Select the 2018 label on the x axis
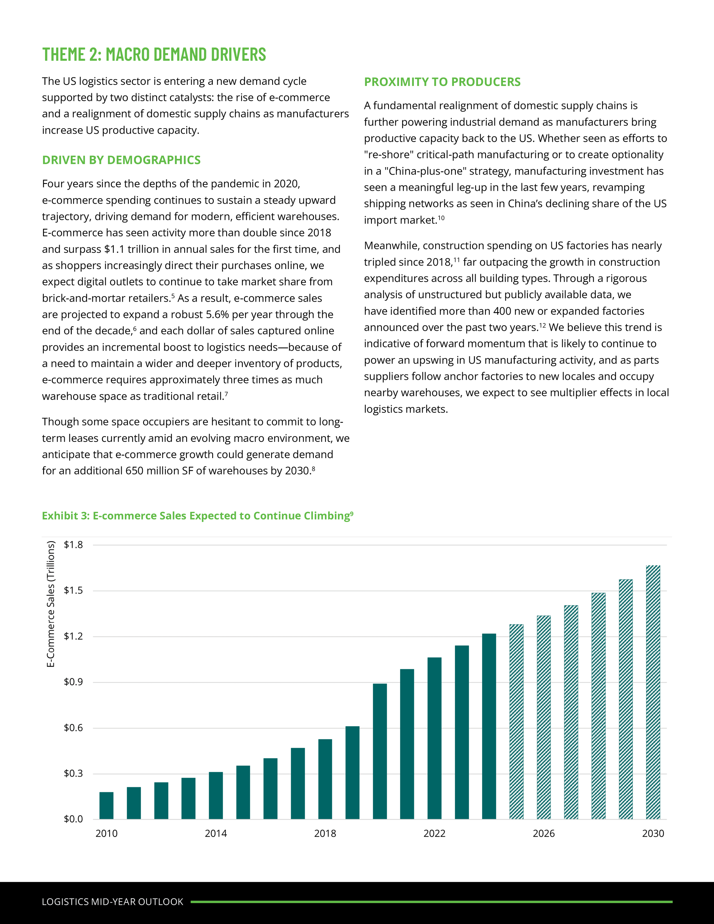coord(325,833)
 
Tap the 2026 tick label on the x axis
coord(543,833)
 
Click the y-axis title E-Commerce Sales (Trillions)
coord(51,604)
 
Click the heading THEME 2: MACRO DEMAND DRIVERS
coord(154,55)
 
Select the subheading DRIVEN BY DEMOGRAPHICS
coord(121,160)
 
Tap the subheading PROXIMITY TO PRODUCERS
coord(442,82)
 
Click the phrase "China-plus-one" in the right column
coord(427,171)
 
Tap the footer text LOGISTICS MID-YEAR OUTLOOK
coord(113,901)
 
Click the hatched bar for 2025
coord(516,721)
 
